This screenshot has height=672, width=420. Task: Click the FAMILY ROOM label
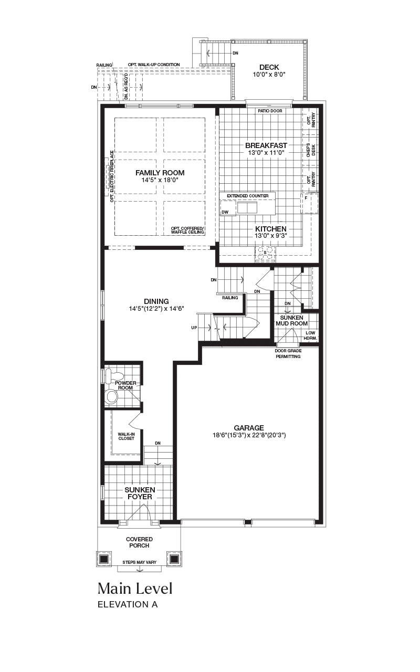point(160,173)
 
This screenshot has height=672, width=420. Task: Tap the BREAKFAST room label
point(266,145)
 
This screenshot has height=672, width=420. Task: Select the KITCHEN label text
point(270,229)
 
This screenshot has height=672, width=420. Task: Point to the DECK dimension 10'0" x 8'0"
point(269,75)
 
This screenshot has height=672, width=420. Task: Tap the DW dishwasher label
point(225,212)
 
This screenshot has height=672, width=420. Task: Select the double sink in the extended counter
point(247,207)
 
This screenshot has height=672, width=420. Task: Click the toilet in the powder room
point(114,375)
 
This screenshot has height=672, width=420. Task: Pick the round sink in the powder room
point(111,396)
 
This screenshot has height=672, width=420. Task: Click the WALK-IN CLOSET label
point(127,436)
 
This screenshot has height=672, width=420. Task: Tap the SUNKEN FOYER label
point(140,493)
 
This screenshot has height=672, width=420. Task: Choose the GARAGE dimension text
point(249,435)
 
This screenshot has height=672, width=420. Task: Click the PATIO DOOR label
point(270,111)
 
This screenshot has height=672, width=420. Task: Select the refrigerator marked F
point(309,203)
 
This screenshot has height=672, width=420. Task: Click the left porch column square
point(103,559)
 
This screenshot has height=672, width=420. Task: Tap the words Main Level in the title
point(135,589)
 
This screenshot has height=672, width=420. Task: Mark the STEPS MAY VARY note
point(140,562)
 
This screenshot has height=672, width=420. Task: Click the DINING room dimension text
point(156,308)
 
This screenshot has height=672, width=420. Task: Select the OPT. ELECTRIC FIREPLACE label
point(112,176)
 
